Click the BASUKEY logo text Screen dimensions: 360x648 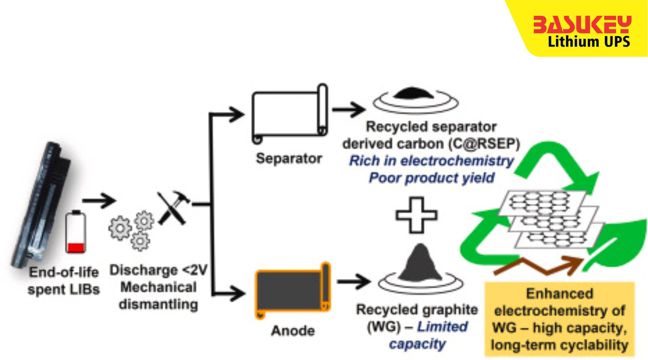coord(581,25)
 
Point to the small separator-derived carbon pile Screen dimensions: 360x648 coord(418,94)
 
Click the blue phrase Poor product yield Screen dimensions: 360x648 coord(432,178)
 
